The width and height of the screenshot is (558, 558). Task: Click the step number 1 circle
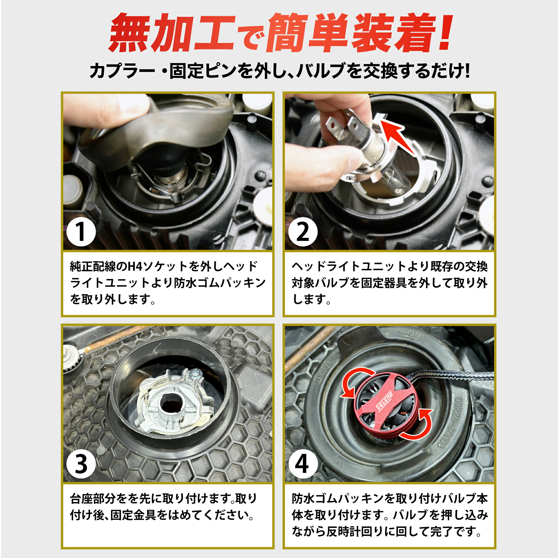point(81,232)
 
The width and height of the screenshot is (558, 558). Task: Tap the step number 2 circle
point(303,232)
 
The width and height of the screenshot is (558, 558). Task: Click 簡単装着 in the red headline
point(351,33)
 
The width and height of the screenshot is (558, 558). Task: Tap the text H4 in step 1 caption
point(134,266)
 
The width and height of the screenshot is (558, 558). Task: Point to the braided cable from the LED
point(451,376)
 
